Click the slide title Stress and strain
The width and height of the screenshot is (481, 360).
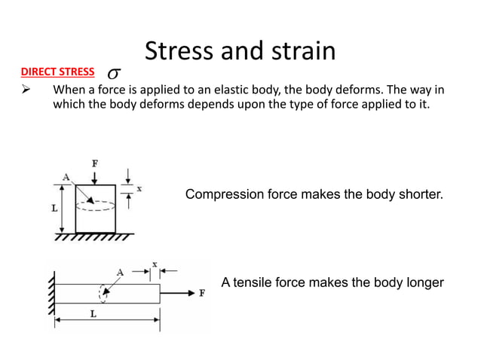tap(240, 51)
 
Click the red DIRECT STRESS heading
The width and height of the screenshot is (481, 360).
tap(57, 73)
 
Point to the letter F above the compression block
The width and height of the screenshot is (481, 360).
tap(93, 163)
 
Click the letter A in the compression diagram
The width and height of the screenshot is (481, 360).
tap(66, 177)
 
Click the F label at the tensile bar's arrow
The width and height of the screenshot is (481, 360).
tap(201, 294)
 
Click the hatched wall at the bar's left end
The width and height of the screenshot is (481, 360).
tap(52, 292)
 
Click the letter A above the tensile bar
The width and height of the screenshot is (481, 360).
tap(119, 270)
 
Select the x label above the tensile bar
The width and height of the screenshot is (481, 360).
tap(155, 264)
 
